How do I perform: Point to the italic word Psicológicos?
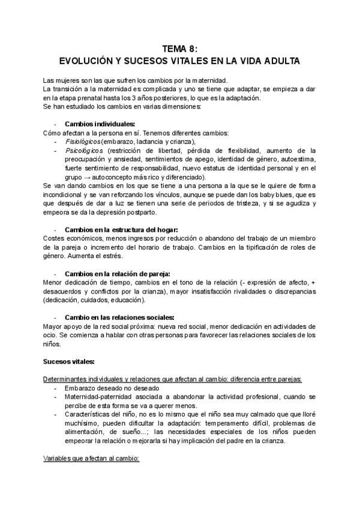tap(84, 150)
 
